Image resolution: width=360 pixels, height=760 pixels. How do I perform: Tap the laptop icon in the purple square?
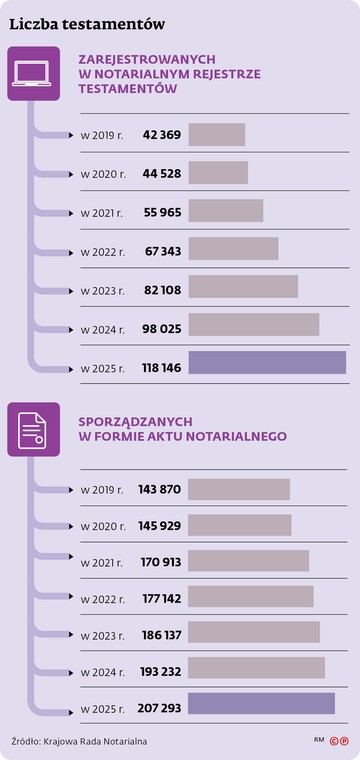click(x=33, y=74)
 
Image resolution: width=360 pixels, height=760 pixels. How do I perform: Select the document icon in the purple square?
click(x=33, y=429)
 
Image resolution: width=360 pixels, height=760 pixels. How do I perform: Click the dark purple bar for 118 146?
click(x=267, y=363)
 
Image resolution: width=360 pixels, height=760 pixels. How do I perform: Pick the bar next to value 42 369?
click(x=217, y=135)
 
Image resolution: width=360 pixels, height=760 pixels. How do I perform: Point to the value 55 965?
click(x=162, y=212)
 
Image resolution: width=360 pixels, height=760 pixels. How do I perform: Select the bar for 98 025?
click(x=254, y=325)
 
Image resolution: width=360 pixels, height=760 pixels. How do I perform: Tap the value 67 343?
click(x=162, y=251)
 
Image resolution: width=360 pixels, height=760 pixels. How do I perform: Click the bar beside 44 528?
click(x=218, y=173)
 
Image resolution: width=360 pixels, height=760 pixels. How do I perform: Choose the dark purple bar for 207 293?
click(x=262, y=704)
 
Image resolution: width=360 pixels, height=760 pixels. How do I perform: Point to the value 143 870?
click(x=159, y=489)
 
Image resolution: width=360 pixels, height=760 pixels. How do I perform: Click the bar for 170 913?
click(x=249, y=561)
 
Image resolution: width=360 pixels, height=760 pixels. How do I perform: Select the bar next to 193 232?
click(x=257, y=668)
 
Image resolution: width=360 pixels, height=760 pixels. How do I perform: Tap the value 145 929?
click(x=159, y=526)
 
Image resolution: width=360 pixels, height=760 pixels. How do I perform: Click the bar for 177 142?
click(x=251, y=597)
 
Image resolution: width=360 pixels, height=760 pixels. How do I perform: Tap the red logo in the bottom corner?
click(x=342, y=741)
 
